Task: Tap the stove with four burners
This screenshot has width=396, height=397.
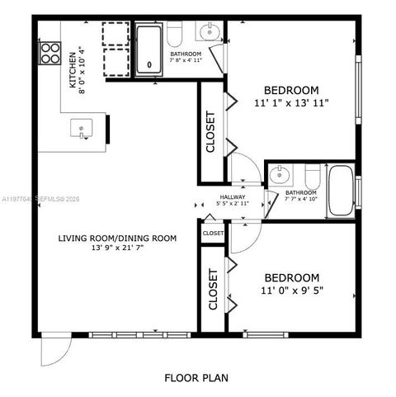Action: pyautogui.click(x=49, y=53)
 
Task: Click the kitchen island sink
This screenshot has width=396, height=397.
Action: pyautogui.click(x=80, y=128)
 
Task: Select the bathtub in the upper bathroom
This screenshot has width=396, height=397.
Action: pyautogui.click(x=149, y=50)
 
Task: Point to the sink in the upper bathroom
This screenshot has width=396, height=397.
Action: pyautogui.click(x=205, y=33)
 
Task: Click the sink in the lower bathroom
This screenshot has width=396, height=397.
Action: pyautogui.click(x=280, y=174)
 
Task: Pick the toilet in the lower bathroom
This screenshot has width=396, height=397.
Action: pyautogui.click(x=312, y=177)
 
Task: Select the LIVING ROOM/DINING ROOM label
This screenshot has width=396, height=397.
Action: pyautogui.click(x=117, y=239)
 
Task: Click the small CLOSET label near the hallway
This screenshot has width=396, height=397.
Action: pyautogui.click(x=213, y=234)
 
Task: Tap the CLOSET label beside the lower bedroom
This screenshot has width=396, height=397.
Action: pyautogui.click(x=213, y=289)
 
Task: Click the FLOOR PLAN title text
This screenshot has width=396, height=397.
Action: pyautogui.click(x=197, y=379)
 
